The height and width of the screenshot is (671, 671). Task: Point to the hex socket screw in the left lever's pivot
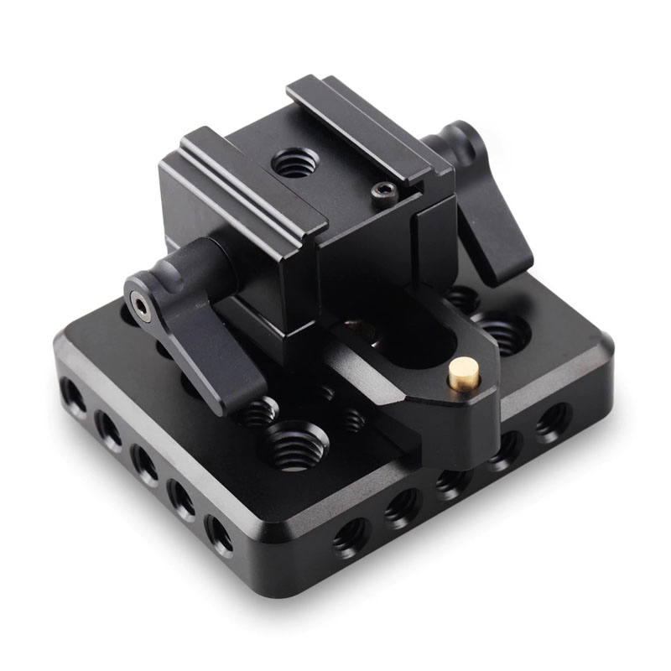pyautogui.click(x=141, y=311)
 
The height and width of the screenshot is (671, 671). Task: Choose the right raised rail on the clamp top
pyautogui.click(x=369, y=126)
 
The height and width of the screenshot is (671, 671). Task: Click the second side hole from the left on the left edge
pyautogui.click(x=107, y=428)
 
